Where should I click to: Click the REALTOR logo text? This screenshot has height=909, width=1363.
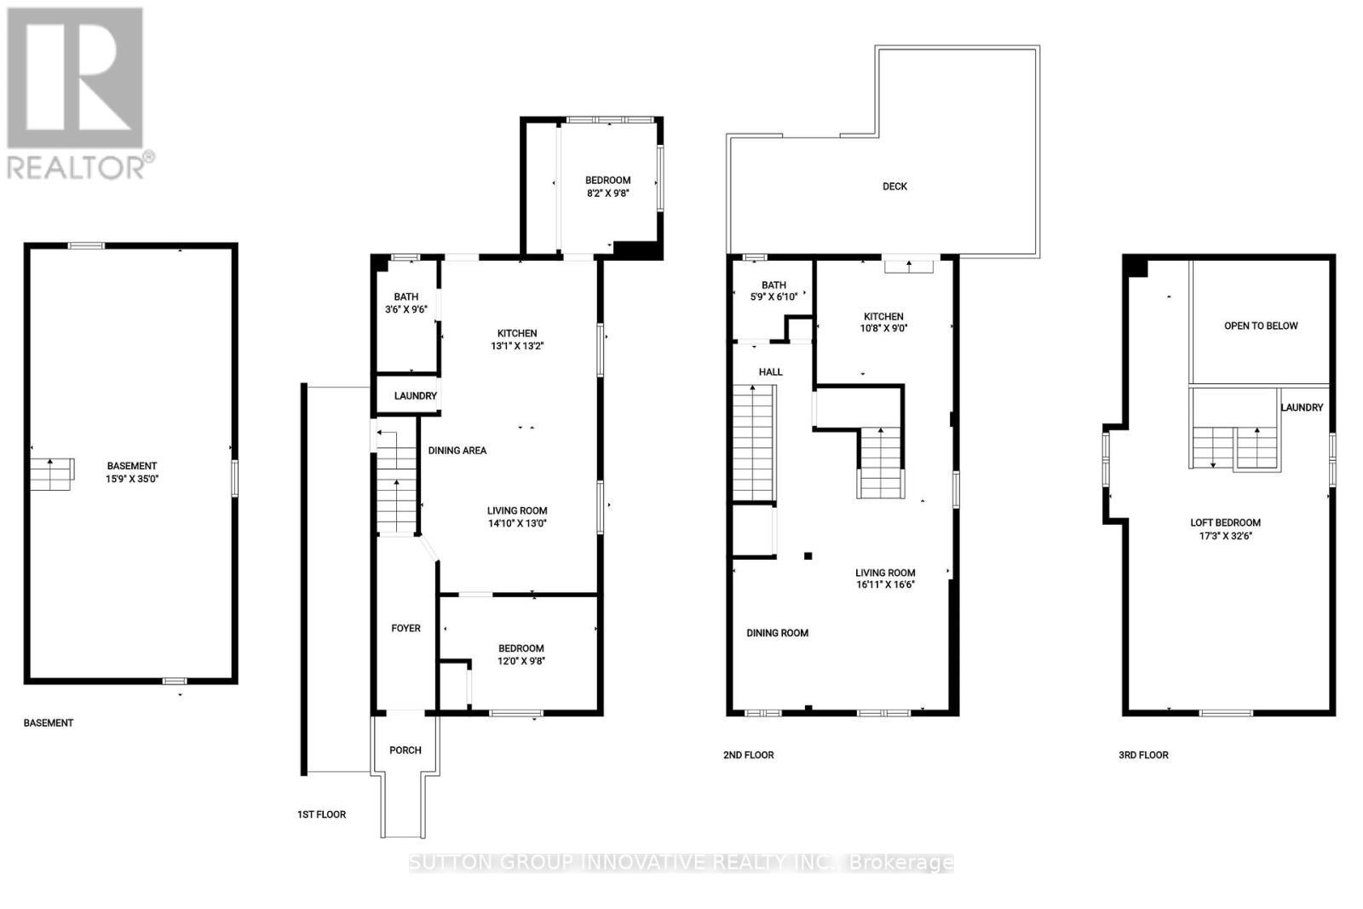(81, 165)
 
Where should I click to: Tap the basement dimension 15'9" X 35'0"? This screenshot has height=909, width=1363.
(132, 479)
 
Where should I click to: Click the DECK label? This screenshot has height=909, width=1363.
(894, 186)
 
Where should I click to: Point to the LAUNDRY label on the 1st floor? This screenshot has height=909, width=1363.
(416, 396)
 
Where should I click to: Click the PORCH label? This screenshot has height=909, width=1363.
(405, 751)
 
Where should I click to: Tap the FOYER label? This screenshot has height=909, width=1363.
(405, 629)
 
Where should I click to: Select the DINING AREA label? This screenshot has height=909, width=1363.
(457, 451)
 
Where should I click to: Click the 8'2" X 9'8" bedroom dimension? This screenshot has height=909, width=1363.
(608, 193)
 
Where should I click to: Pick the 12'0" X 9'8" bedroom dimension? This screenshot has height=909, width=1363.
(521, 660)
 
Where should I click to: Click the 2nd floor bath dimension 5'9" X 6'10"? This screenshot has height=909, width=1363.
(773, 297)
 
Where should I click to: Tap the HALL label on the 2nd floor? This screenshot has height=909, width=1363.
(771, 372)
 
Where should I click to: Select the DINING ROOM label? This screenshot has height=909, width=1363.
(778, 633)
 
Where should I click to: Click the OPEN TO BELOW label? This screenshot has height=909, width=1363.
(1261, 325)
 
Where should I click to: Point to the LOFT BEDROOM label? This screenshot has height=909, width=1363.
(1225, 523)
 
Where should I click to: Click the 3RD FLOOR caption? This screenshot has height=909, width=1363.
(1143, 755)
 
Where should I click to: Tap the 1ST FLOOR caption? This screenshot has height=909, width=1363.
(321, 814)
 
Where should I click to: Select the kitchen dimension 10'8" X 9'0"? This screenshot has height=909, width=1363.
(883, 328)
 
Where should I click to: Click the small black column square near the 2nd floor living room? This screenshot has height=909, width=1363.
(808, 556)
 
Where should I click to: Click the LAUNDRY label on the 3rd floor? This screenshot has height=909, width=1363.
(1302, 408)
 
